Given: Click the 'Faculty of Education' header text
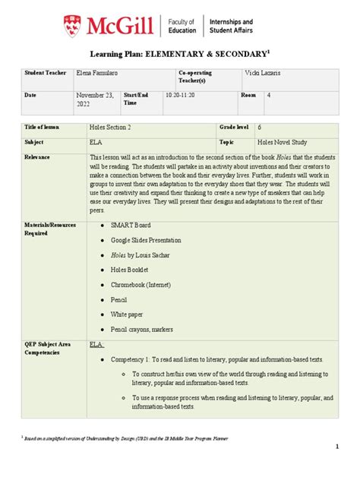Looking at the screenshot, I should (x=181, y=26).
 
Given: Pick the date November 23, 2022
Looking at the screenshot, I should (x=93, y=101).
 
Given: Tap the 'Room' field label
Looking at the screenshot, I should (x=248, y=96).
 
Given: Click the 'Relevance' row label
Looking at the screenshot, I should (x=37, y=156).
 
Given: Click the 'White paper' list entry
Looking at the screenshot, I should (x=130, y=314).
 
